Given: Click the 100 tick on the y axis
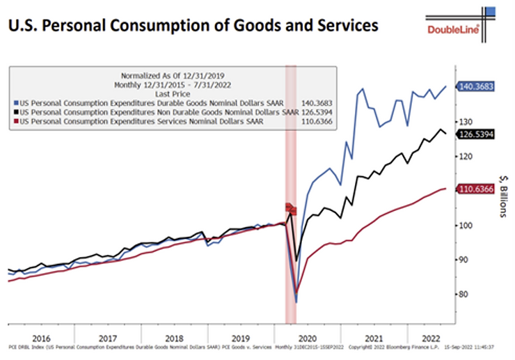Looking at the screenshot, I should click(x=464, y=226).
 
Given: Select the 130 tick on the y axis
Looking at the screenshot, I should click(x=464, y=121).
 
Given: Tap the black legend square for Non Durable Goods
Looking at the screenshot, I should click(x=16, y=111).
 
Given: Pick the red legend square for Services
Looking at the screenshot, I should click(x=16, y=121).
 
